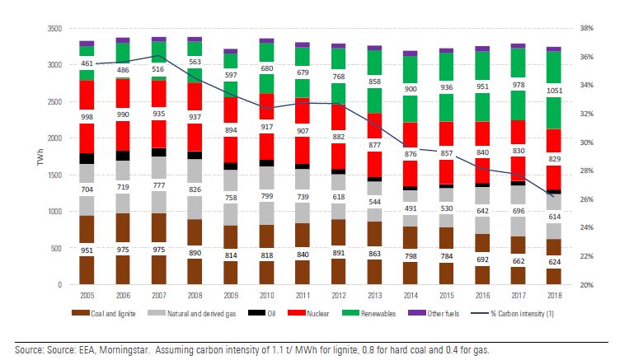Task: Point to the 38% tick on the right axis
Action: pos(588,29)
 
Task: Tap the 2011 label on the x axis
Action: pos(302,295)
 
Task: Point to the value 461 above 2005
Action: pos(86,63)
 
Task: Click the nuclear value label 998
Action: pos(86,117)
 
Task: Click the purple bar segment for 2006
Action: pos(123,40)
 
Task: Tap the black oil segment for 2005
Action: pos(86,159)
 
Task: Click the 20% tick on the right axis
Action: pos(588,285)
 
